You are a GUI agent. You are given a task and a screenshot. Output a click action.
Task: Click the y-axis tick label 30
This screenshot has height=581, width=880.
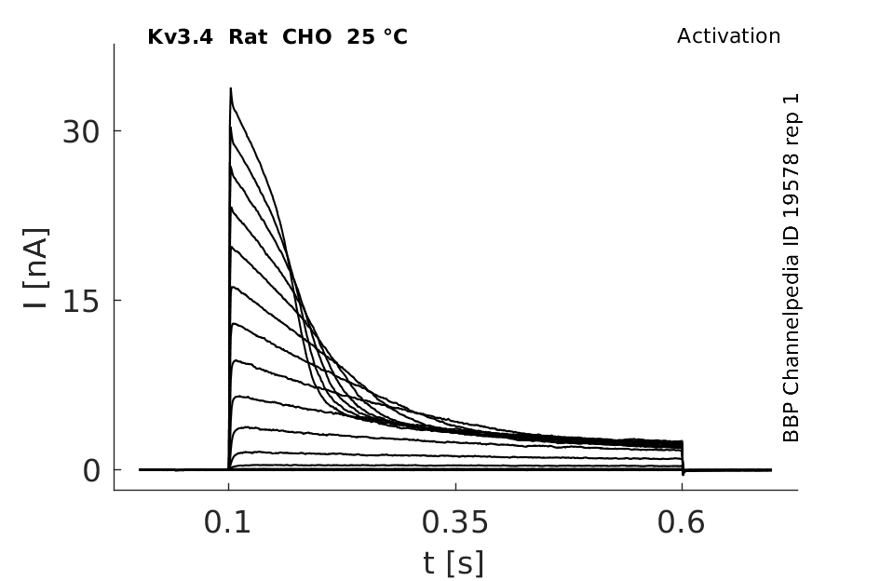tap(80, 132)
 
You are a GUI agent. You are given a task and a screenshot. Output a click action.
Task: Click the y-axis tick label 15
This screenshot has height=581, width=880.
tap(80, 302)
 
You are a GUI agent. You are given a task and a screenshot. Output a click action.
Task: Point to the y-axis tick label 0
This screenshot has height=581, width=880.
tap(91, 471)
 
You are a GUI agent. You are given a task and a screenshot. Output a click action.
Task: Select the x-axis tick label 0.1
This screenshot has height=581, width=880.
tap(226, 522)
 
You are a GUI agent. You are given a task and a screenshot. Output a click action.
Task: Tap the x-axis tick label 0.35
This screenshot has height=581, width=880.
tap(455, 522)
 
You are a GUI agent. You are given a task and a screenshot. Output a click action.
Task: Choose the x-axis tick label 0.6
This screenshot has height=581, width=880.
tap(681, 522)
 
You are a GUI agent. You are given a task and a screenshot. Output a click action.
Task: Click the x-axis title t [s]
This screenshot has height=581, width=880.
tap(453, 563)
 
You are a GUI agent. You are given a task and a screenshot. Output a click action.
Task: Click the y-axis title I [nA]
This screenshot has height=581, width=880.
tap(36, 268)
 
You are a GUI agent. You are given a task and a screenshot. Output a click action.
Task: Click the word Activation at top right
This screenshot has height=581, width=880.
tap(728, 36)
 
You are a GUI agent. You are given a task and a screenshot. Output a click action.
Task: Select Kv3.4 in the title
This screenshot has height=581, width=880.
tap(180, 37)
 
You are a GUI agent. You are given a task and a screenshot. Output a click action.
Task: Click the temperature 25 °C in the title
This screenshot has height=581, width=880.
tap(377, 37)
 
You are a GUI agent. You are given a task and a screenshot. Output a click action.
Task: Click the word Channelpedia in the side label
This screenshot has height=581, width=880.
tap(791, 327)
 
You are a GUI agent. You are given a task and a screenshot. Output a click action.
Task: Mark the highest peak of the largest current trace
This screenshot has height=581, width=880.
tap(230, 88)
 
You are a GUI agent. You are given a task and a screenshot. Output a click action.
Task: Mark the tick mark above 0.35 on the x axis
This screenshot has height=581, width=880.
tap(455, 486)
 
